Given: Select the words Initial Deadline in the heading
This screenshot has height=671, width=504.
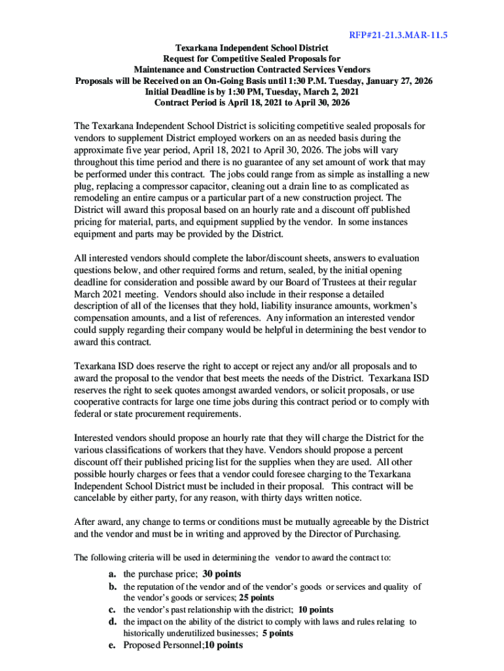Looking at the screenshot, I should click(x=176, y=92).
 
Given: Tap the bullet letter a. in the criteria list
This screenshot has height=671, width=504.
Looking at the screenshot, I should click(x=113, y=574).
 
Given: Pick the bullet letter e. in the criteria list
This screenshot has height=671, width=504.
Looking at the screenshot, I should click(x=113, y=645).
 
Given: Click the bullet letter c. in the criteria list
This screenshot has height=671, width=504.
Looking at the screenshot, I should click(x=113, y=609).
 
